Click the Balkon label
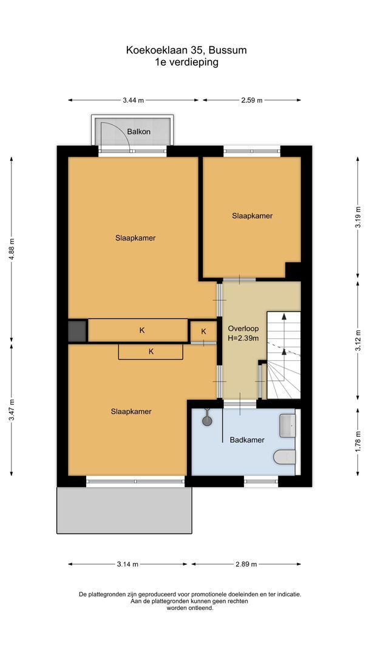[138, 131]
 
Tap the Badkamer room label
[246, 440]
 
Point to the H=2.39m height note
[243, 338]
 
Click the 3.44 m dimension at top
[133, 100]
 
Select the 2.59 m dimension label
[251, 100]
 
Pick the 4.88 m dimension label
[11, 248]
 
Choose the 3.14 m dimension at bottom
[127, 564]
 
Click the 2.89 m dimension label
[246, 564]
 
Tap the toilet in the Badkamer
[284, 457]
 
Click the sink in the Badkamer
[287, 425]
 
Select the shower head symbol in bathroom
[208, 419]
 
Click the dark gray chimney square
[77, 331]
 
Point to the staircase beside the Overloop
[283, 355]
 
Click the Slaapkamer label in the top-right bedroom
[252, 216]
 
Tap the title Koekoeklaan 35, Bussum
[186, 50]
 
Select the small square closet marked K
[203, 331]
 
